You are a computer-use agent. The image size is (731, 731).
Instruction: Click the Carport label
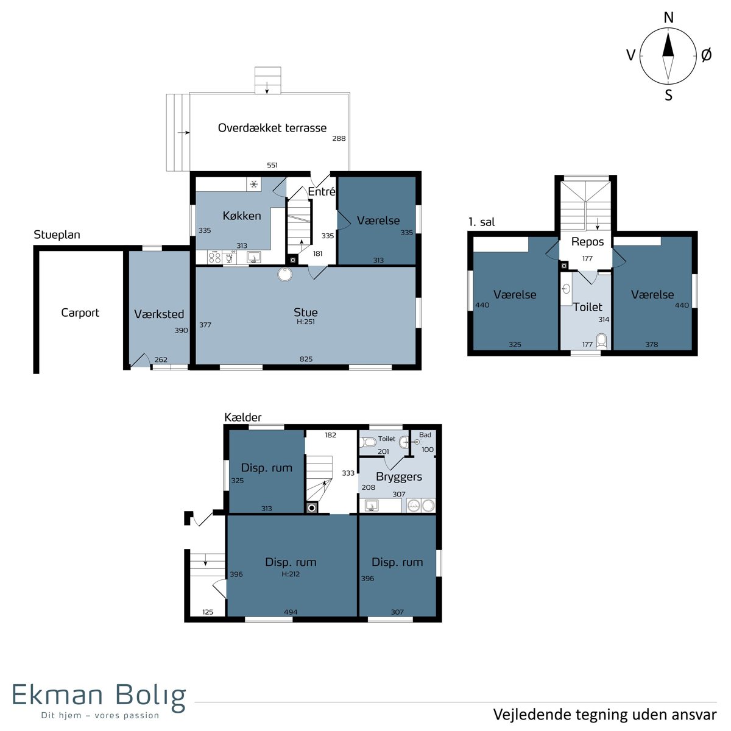(x=80, y=313)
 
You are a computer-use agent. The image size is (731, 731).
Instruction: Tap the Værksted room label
(x=159, y=314)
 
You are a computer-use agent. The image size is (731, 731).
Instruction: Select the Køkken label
(x=242, y=216)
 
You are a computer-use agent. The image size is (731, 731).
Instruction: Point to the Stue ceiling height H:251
(x=305, y=322)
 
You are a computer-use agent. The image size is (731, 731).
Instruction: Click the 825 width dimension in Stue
(x=306, y=359)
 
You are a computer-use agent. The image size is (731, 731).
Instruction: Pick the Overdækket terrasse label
(x=272, y=128)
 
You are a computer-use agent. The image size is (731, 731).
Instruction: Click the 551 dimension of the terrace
(x=272, y=165)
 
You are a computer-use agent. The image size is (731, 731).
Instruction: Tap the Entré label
(x=321, y=191)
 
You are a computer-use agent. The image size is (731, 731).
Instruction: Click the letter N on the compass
(x=669, y=18)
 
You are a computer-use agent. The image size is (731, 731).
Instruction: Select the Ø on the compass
(x=706, y=55)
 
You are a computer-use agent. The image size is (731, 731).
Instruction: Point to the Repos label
(x=587, y=242)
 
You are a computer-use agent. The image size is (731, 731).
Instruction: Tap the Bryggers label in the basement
(x=398, y=476)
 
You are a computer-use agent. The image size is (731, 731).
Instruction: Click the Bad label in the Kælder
(x=425, y=435)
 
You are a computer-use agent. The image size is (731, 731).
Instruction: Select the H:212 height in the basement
(x=291, y=574)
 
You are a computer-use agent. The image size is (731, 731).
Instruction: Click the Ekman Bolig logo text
(x=99, y=695)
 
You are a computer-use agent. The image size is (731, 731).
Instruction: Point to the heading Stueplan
(x=57, y=235)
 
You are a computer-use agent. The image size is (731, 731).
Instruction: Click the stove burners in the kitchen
(x=214, y=257)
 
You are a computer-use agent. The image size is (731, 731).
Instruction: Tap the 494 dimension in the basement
(x=291, y=612)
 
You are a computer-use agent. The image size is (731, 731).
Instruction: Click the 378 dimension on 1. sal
(x=651, y=344)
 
